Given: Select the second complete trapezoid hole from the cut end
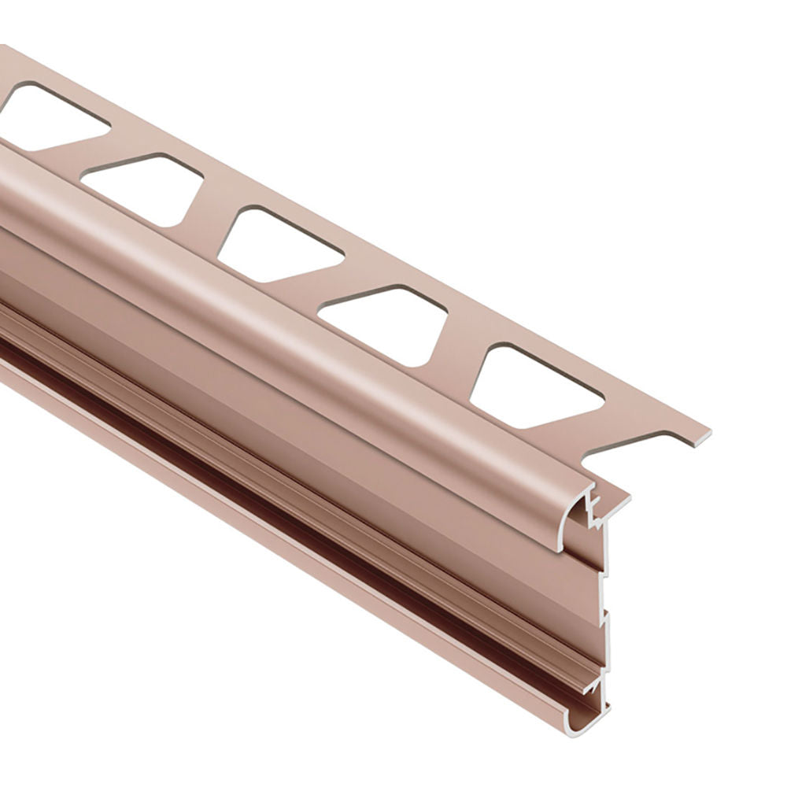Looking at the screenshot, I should (386, 323).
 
